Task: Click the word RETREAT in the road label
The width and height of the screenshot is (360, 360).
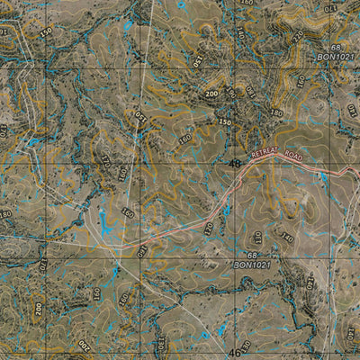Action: click(x=266, y=154)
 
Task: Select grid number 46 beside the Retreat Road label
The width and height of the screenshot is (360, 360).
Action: click(x=236, y=164)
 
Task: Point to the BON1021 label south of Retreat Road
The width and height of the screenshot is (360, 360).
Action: click(x=253, y=265)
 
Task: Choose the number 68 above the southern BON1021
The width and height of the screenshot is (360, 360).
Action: click(x=240, y=256)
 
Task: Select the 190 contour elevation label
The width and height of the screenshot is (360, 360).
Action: click(x=229, y=92)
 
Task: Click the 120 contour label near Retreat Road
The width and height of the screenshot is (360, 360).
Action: click(x=209, y=229)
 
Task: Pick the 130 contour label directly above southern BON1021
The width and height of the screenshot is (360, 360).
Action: click(x=256, y=240)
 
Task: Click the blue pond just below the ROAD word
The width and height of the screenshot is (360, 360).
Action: click(x=320, y=177)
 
